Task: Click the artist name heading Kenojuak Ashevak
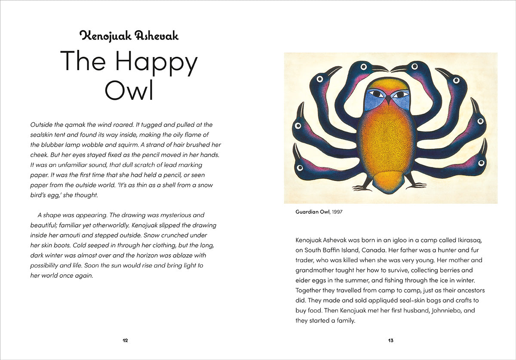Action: (129, 36)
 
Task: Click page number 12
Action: (125, 341)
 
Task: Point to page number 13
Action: (390, 341)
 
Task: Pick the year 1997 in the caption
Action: (337, 212)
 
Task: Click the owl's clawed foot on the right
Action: (415, 185)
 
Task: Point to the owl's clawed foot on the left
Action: (362, 186)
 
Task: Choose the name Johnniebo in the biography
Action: (443, 310)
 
